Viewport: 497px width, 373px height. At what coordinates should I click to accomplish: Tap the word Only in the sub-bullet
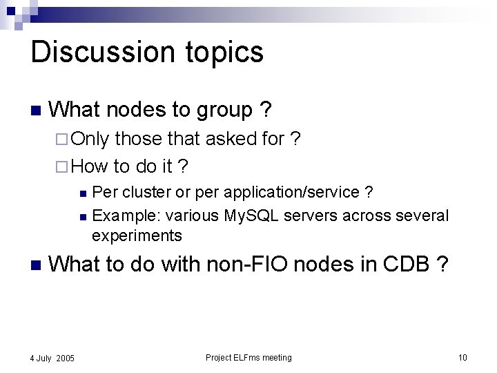(90, 139)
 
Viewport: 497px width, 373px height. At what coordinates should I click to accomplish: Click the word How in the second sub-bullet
(90, 166)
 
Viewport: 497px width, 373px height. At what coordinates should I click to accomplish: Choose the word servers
(307, 216)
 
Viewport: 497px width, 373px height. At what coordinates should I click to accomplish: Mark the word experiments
(137, 236)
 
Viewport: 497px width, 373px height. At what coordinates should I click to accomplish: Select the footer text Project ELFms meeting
(248, 357)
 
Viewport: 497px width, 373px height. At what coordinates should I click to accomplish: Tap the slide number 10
(462, 357)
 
